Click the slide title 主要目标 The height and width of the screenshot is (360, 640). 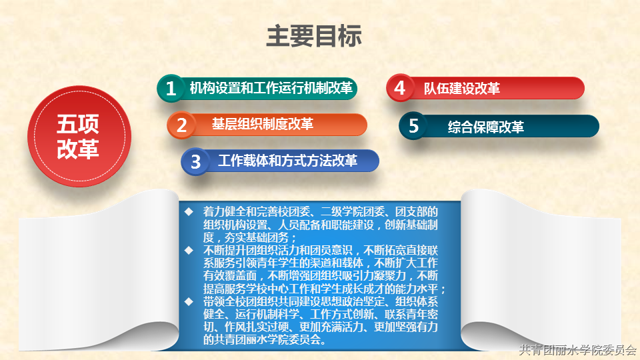[314, 36]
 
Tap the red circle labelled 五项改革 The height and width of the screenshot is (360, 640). [79, 136]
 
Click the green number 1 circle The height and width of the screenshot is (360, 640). [171, 88]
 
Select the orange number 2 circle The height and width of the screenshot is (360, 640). [181, 125]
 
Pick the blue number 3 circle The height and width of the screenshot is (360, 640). [195, 161]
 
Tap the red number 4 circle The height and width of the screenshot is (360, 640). [400, 88]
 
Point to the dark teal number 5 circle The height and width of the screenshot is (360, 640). [413, 126]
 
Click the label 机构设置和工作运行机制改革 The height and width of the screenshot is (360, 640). [271, 88]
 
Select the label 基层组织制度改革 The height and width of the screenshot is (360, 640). [263, 124]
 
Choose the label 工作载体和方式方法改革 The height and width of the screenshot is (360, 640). [288, 161]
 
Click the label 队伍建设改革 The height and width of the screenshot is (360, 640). [461, 88]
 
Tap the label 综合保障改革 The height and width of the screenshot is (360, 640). [486, 127]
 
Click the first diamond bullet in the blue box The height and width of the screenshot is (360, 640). [189, 211]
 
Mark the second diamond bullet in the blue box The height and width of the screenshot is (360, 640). [189, 250]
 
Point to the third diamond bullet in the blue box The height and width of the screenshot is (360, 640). [189, 301]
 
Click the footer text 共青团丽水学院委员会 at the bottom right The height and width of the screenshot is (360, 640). [577, 350]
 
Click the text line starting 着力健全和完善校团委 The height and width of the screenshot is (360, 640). [321, 211]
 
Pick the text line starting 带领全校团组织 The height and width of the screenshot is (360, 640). [321, 301]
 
